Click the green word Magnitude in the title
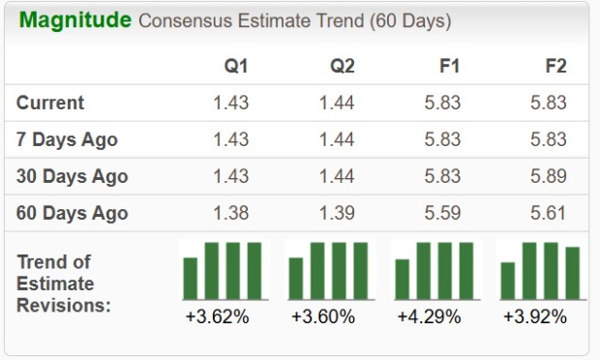pos(75,20)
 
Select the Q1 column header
pos(236,67)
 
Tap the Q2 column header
pos(342,67)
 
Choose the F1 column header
pos(449,67)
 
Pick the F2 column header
pos(555,67)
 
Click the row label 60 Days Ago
pos(73,213)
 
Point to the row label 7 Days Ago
pos(67,139)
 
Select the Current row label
pos(50,103)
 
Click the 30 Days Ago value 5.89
pos(550,176)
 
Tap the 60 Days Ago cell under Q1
pos(230,213)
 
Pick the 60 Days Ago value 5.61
pos(550,213)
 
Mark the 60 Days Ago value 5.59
pos(443,213)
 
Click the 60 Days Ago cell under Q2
pos(337,213)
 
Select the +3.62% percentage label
pos(217,316)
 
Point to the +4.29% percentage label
pos(429,316)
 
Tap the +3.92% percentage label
pos(535,316)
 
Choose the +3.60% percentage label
pos(322,316)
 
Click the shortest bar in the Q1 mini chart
pos(191,279)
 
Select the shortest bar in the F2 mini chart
pos(508,281)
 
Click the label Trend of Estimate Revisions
pos(64,284)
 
